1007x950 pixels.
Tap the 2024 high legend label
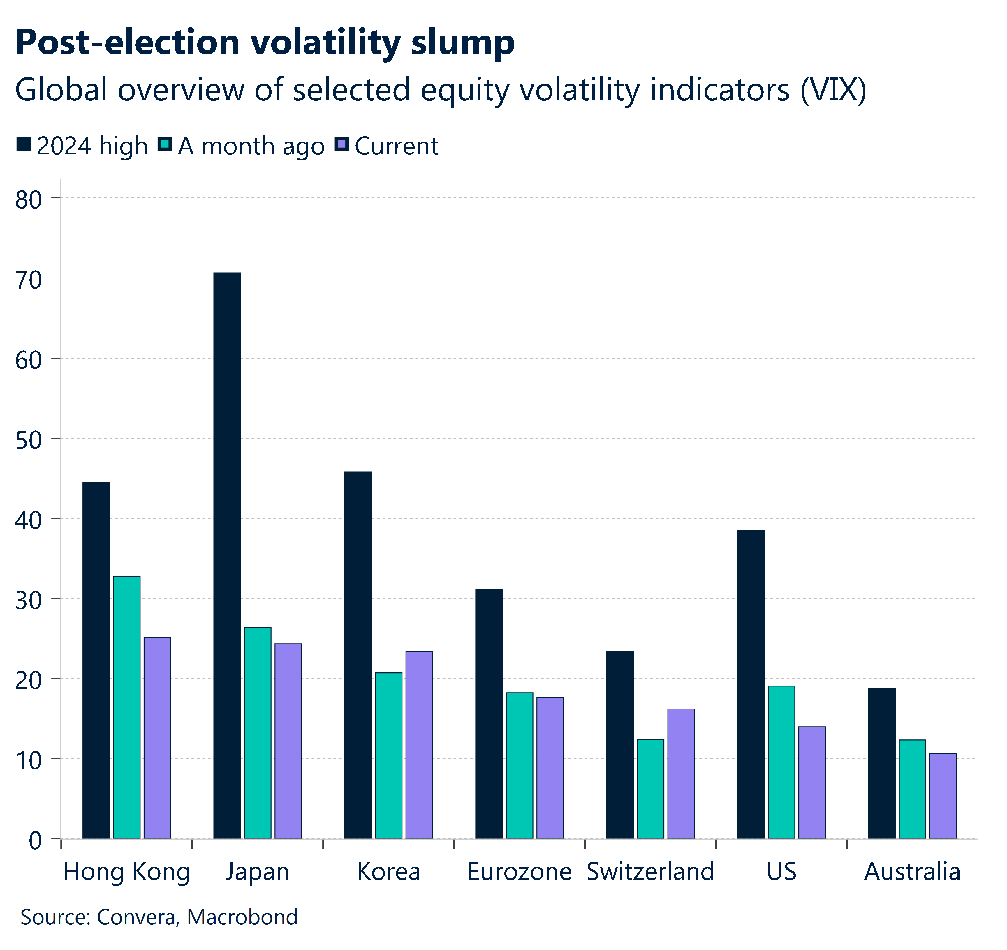point(92,146)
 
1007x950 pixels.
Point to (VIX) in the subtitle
point(833,90)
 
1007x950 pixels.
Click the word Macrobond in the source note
point(242,917)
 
